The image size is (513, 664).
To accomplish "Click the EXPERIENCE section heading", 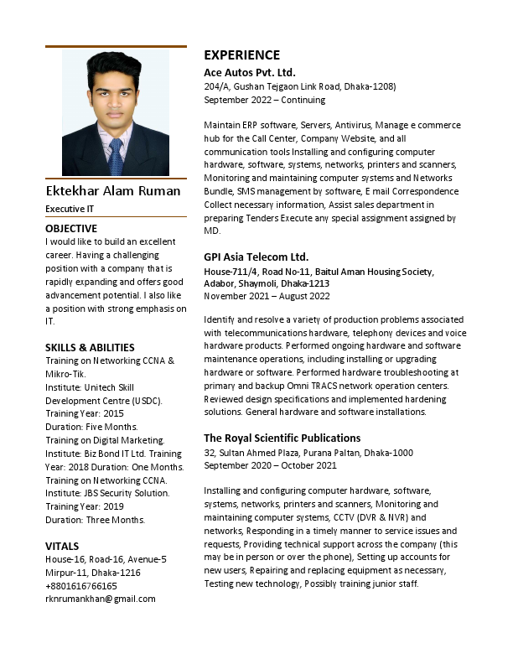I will click(x=242, y=55).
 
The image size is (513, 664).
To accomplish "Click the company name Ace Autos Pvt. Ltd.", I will click(x=250, y=72).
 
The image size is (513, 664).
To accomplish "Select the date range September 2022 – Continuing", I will click(x=264, y=100).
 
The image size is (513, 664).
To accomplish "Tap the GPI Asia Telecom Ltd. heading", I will click(x=256, y=257).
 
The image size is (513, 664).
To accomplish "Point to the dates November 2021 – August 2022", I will click(x=267, y=295).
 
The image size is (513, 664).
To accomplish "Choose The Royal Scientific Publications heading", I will click(x=282, y=438).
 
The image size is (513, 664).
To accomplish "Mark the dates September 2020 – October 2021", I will click(x=270, y=465).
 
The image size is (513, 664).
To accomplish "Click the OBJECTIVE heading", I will click(x=71, y=228).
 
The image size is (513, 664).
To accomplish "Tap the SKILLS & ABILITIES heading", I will click(x=90, y=347).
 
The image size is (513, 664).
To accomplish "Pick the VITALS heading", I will click(x=63, y=545).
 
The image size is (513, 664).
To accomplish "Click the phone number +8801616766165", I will click(x=81, y=586).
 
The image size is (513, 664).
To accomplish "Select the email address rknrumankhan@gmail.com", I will click(x=101, y=599).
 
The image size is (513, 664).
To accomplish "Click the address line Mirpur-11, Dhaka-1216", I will click(x=93, y=573).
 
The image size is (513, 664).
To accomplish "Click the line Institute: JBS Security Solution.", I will click(x=107, y=493).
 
